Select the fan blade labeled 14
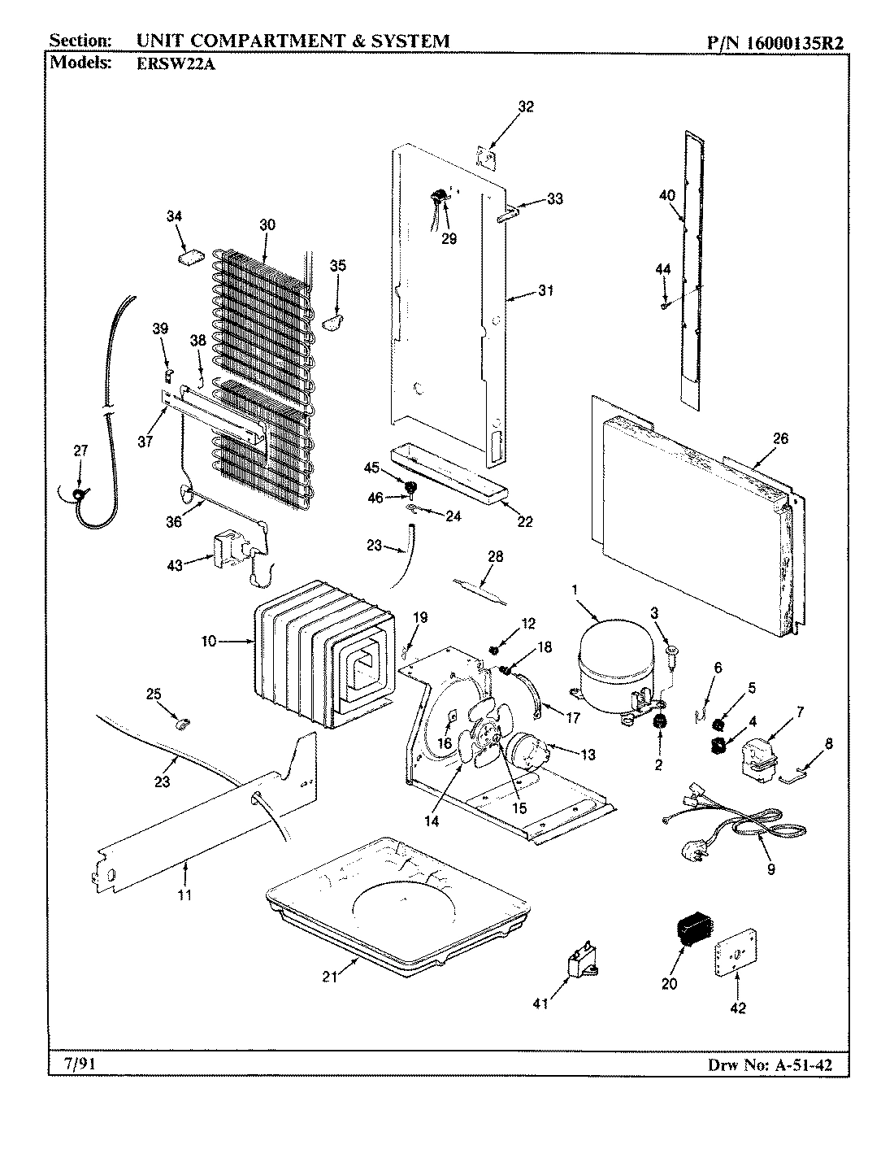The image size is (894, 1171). (480, 744)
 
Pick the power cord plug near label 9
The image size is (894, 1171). (690, 851)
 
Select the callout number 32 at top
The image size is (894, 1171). (526, 107)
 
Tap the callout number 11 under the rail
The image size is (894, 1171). (184, 895)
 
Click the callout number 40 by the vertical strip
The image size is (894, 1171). (666, 195)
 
